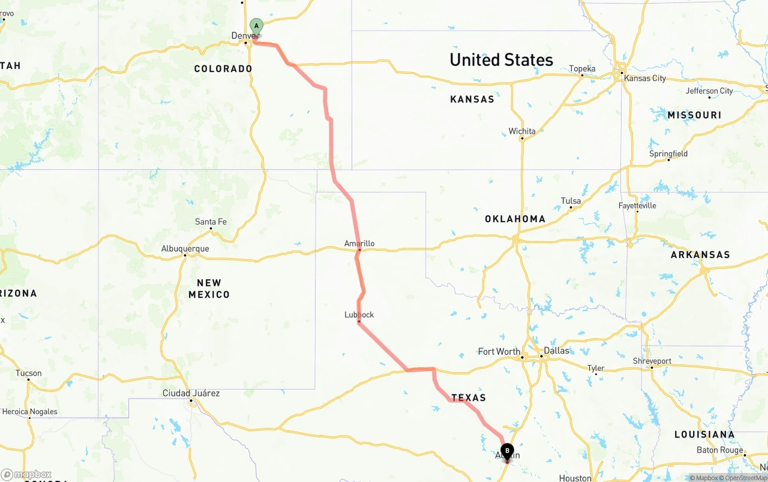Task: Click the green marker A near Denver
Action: coord(256,26)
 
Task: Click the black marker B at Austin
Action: coord(507,451)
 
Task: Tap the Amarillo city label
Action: coord(359,243)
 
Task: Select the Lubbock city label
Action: coord(359,315)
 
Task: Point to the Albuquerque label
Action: coord(185,249)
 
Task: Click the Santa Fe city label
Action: coord(211,222)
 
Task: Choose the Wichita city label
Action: coord(522,131)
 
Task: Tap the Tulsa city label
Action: coord(571,201)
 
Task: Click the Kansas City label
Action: coord(645,78)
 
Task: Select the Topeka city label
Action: coord(582,69)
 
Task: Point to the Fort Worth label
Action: coord(499,351)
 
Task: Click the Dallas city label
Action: coord(556,351)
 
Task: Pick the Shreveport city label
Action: coord(652,361)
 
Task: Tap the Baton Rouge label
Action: coord(720,450)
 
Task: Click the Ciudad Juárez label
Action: coord(191,393)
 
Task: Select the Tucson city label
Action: coord(29,373)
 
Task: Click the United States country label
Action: coord(501,59)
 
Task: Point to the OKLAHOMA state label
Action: coord(515,219)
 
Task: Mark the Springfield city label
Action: coord(668,154)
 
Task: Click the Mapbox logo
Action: coord(26,474)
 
